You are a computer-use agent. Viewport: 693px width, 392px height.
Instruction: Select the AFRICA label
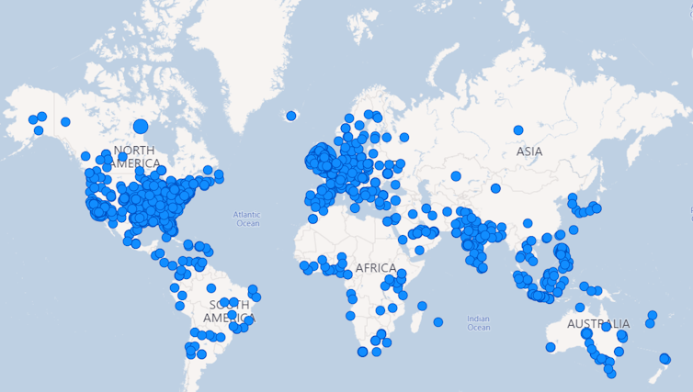[x=375, y=268]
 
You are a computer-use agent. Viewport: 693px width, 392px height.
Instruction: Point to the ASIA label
[x=528, y=151]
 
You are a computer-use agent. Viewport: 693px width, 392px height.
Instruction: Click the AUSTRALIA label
[x=598, y=324]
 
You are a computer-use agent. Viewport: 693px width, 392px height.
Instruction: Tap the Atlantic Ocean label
[x=247, y=218]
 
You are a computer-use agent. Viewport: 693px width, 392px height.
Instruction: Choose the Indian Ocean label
[x=478, y=323]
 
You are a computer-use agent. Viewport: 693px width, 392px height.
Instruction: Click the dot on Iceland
[x=291, y=116]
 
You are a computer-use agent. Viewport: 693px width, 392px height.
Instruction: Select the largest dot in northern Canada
[x=141, y=127]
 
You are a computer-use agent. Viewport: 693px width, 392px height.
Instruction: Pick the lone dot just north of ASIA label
[x=518, y=130]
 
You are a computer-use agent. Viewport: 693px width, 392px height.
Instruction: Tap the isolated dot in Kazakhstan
[x=456, y=176]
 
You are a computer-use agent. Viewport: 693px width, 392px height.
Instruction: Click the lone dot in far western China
[x=495, y=188]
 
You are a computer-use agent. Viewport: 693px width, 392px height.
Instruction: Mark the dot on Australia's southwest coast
[x=551, y=347]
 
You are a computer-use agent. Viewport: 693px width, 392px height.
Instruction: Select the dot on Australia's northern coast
[x=580, y=308]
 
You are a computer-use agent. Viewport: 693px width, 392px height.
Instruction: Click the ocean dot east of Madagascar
[x=438, y=322]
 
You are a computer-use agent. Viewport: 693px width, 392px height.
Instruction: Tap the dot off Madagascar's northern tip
[x=422, y=306]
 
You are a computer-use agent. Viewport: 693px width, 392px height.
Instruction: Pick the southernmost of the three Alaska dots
[x=39, y=130]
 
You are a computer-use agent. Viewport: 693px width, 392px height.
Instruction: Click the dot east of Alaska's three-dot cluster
[x=65, y=122]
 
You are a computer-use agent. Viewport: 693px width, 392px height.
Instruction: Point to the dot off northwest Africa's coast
[x=312, y=218]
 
